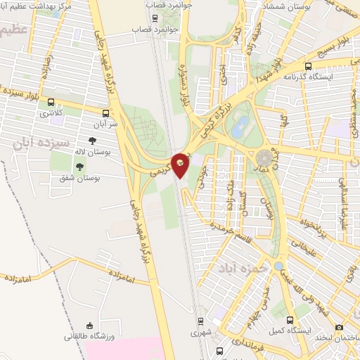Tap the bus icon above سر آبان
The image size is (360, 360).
click(105, 112)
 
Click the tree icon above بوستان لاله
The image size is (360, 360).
click(92, 142)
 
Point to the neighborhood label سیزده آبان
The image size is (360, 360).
click(42, 145)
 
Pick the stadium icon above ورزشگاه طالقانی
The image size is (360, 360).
click(88, 326)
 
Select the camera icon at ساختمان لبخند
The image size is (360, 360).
click(340, 327)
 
